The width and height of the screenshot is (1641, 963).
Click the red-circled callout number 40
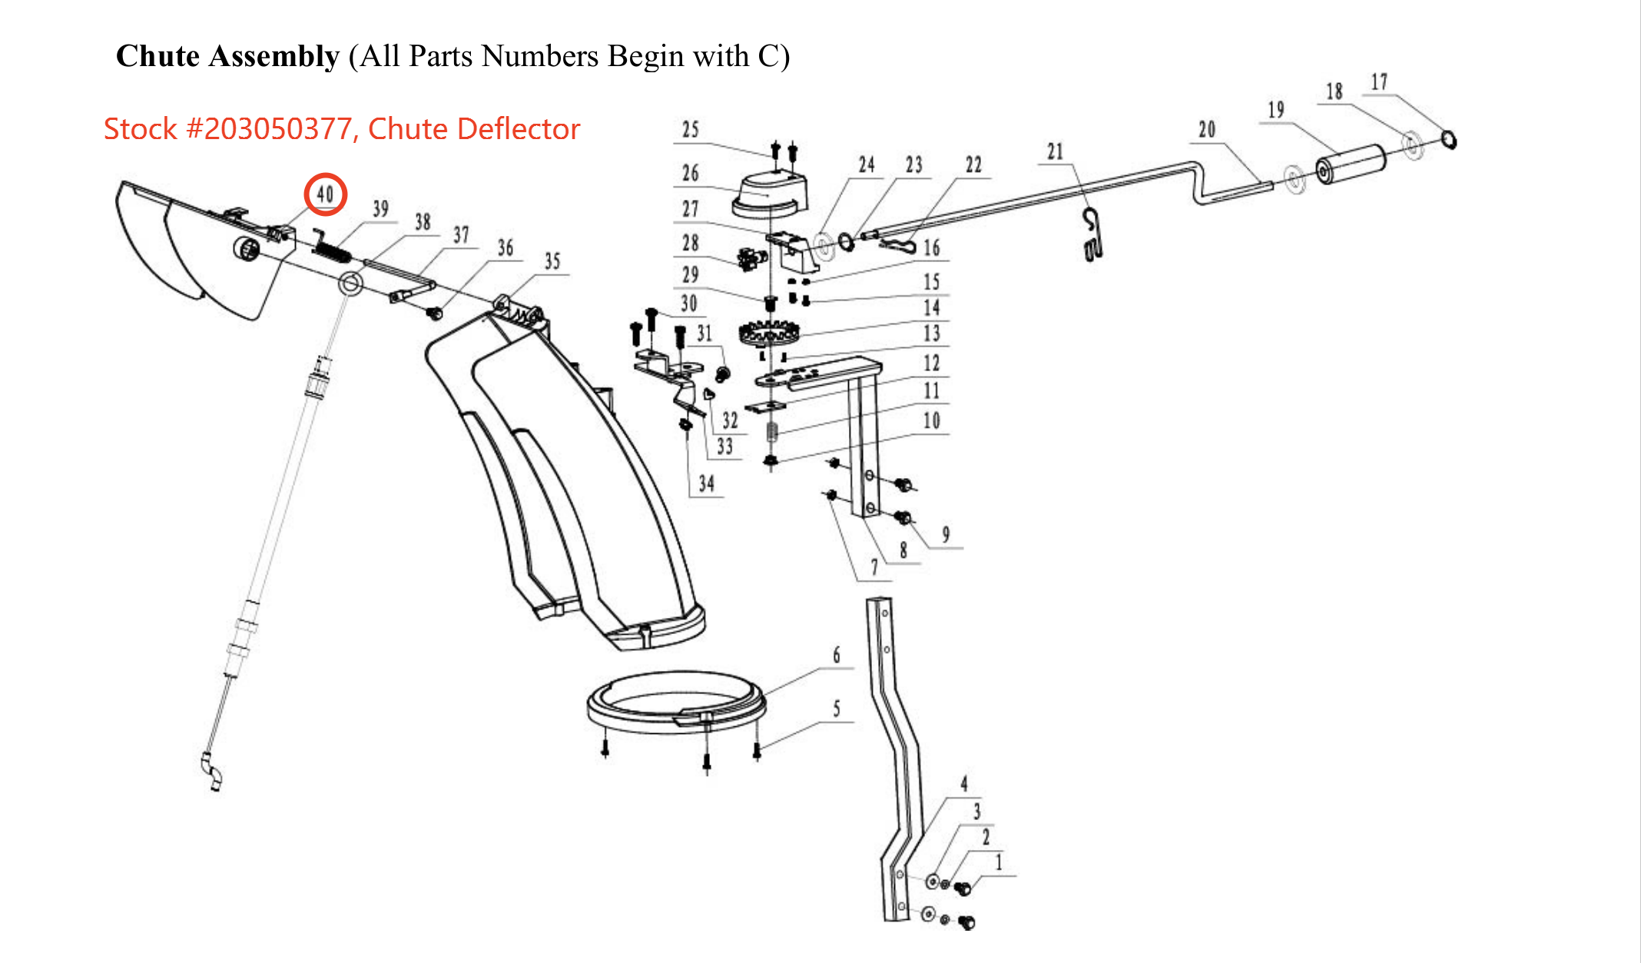[326, 194]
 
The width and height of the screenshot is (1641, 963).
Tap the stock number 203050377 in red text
[269, 129]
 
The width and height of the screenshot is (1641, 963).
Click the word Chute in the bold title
[157, 56]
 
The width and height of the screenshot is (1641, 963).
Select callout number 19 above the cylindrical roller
[1275, 110]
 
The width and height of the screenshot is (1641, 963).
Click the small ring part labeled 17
[1449, 140]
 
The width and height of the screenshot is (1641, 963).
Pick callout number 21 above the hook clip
[1056, 151]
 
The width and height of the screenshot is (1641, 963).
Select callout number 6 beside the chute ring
[837, 655]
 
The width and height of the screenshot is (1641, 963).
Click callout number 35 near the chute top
[552, 261]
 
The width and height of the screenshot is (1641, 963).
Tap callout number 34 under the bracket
[706, 483]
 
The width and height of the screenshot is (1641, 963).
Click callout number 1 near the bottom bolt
[999, 862]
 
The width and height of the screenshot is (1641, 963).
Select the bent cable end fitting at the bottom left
[211, 771]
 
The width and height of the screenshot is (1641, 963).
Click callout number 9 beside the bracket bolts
[946, 534]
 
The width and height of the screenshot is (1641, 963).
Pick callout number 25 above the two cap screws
[691, 129]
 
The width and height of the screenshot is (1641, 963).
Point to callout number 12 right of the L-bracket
[931, 363]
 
